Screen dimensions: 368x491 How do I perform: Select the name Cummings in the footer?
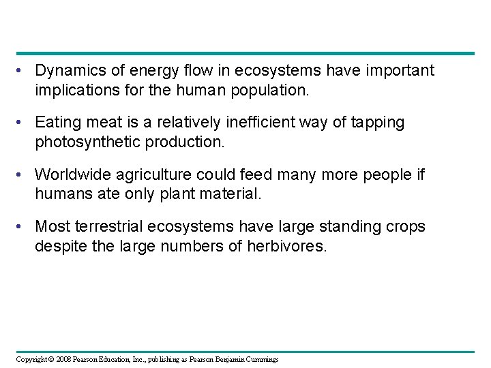[x=260, y=359]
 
